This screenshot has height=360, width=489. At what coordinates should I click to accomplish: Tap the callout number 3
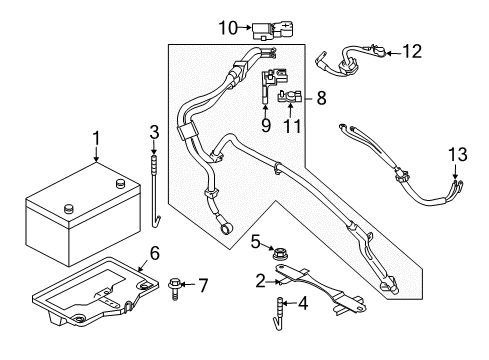coord(154,133)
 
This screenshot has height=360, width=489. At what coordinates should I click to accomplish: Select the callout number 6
coord(154,253)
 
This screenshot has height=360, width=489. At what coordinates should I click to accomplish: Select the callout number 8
coord(321,99)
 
